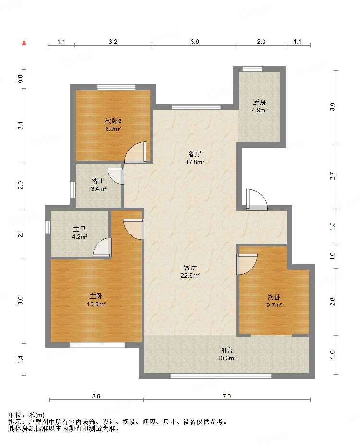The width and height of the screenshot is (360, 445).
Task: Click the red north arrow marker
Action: (24, 43)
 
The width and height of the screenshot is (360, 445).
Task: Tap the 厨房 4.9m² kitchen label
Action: (259, 106)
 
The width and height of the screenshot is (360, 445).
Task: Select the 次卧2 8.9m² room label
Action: (113, 125)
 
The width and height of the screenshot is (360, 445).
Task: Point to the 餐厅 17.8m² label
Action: (195, 158)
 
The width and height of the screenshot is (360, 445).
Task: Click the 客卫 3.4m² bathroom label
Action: (98, 185)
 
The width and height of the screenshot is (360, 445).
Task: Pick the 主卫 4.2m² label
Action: (80, 233)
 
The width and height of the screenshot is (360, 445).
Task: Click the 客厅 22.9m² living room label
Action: (190, 271)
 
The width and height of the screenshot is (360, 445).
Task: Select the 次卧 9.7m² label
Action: (274, 301)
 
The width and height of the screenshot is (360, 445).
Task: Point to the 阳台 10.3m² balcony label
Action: (227, 354)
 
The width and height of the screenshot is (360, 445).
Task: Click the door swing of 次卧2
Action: (136, 152)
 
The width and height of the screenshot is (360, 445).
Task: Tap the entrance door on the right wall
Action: (257, 199)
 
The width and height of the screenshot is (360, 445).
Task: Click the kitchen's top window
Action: (252, 69)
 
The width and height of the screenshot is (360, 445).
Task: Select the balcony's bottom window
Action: (221, 376)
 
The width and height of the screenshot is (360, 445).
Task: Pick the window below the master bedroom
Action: (97, 345)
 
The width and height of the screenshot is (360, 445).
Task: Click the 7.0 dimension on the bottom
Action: (227, 396)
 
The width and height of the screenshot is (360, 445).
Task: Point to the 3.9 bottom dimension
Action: (96, 396)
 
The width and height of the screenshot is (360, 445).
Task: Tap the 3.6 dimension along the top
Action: (194, 42)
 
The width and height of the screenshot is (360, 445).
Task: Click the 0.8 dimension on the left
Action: (21, 79)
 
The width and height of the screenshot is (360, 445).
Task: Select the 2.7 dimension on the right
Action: (333, 176)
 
